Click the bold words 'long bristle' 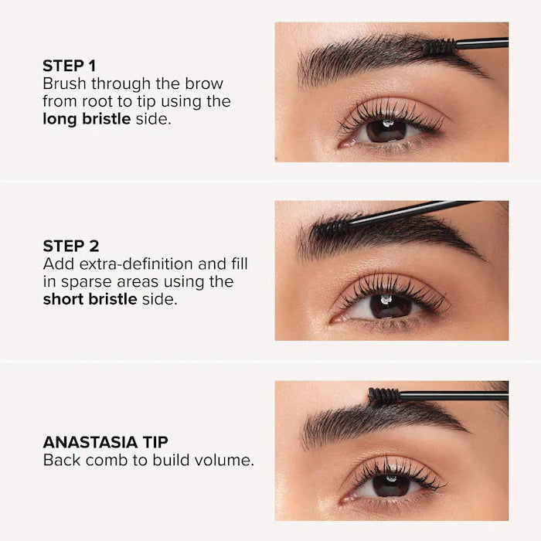coord(87,119)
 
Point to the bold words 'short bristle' coord(90,299)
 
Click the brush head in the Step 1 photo coord(437,47)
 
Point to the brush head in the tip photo coord(384,396)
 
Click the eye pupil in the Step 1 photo coord(386,129)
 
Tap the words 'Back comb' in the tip coord(78,461)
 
